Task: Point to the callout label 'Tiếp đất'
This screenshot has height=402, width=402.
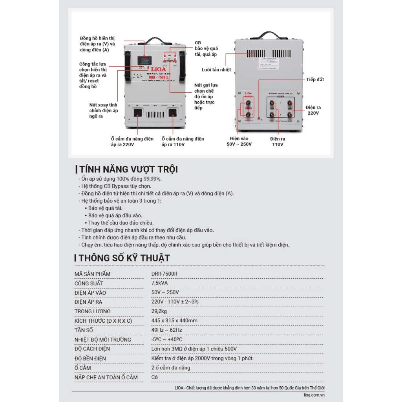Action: pos(315,80)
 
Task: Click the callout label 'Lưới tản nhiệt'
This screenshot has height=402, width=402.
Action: pos(216,69)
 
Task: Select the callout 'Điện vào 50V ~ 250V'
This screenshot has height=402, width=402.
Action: pos(239,141)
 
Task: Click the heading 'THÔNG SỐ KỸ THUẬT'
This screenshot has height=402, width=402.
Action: pos(124,258)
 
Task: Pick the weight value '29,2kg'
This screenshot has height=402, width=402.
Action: pos(159,311)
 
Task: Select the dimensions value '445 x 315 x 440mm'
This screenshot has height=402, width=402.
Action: pos(174,321)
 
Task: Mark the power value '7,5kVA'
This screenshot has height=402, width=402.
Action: pos(160,283)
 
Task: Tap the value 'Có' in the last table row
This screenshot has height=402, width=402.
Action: pos(155,377)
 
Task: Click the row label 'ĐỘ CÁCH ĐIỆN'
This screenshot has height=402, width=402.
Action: pos(92,349)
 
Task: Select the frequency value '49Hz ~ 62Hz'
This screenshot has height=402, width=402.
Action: pos(167,330)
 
